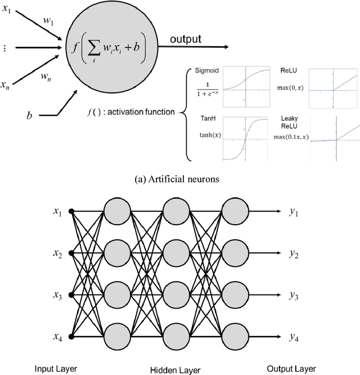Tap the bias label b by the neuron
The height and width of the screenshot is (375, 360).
click(29, 115)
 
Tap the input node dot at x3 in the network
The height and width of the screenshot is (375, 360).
click(71, 294)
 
